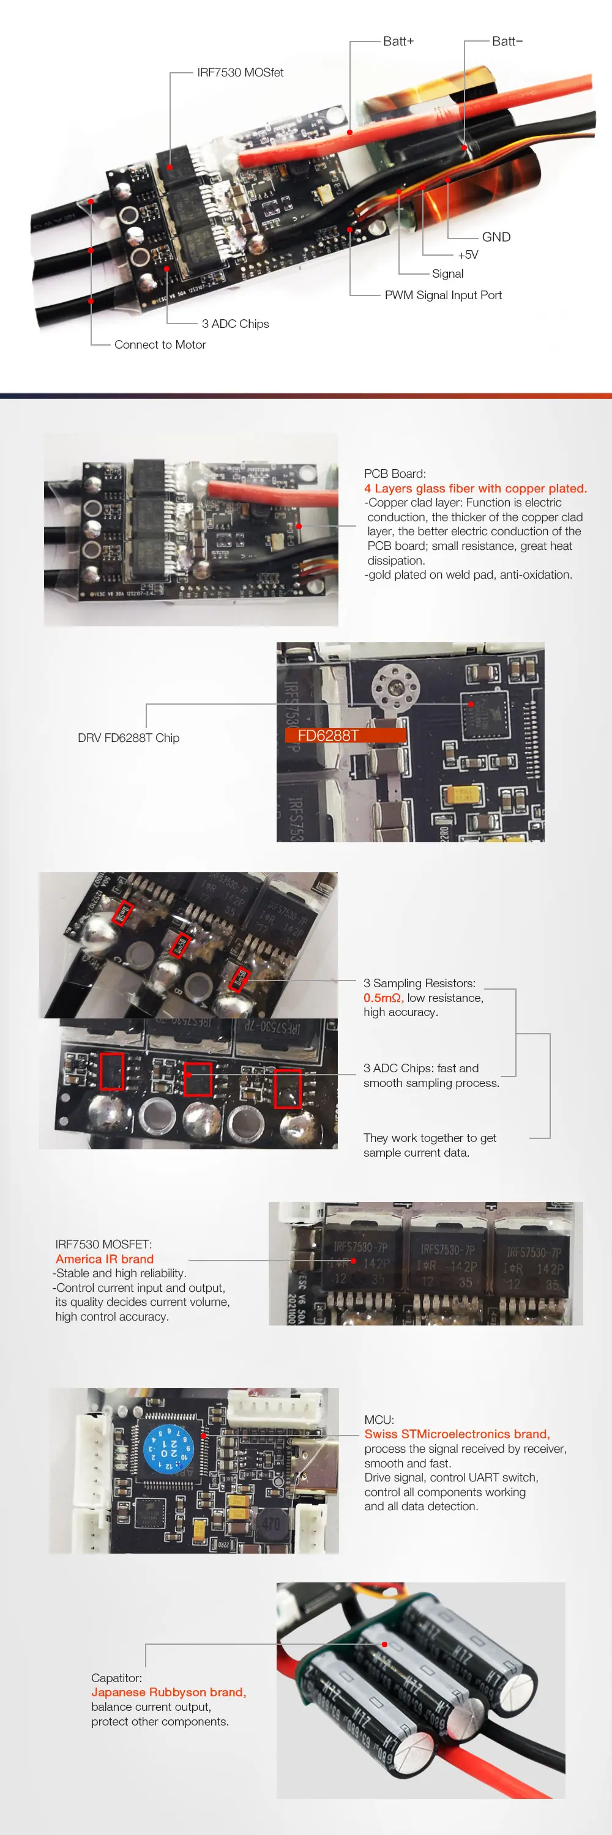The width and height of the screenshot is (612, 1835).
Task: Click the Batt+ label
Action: [x=398, y=42]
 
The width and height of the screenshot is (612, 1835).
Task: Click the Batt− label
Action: [x=507, y=42]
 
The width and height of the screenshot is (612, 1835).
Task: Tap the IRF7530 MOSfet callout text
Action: [x=240, y=73]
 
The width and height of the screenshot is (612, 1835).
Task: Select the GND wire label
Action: [x=496, y=237]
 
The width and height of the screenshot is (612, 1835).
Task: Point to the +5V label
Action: [x=468, y=255]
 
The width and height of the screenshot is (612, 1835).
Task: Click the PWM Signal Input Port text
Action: [x=442, y=295]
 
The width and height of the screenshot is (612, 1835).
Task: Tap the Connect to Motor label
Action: [x=160, y=345]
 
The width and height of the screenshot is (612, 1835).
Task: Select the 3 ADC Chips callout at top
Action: [x=235, y=324]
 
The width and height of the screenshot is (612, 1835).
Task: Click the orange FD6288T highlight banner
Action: [x=345, y=735]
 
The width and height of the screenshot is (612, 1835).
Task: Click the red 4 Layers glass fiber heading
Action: [x=475, y=489]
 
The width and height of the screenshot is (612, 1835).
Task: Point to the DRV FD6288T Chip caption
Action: [x=129, y=738]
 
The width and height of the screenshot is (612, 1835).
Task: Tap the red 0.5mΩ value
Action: [x=383, y=998]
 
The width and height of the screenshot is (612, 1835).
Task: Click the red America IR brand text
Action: [x=105, y=1259]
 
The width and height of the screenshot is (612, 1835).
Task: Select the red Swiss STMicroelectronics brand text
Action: [x=457, y=1434]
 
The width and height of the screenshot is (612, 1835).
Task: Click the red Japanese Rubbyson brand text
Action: [x=168, y=1692]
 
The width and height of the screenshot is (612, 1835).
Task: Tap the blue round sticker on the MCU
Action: [x=168, y=1449]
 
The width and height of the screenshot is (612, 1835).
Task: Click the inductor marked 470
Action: [x=271, y=1524]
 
